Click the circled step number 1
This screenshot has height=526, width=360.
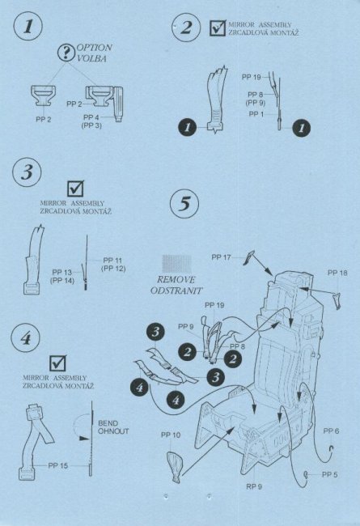pyautogui.click(x=28, y=27)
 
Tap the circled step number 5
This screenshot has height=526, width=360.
pyautogui.click(x=184, y=204)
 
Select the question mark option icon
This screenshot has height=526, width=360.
pyautogui.click(x=66, y=53)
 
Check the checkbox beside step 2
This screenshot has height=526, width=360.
pyautogui.click(x=218, y=28)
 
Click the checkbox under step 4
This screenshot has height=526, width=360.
pyautogui.click(x=57, y=363)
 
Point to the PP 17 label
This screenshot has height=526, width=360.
pyautogui.click(x=221, y=257)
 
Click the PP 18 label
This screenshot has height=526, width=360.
pyautogui.click(x=337, y=273)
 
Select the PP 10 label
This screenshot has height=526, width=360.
pyautogui.click(x=171, y=435)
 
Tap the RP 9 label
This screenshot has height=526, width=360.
pyautogui.click(x=254, y=486)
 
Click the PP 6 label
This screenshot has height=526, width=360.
pyautogui.click(x=331, y=431)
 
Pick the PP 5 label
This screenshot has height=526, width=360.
pyautogui.click(x=329, y=475)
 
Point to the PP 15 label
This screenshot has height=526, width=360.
pyautogui.click(x=57, y=465)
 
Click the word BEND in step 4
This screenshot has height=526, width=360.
pyautogui.click(x=108, y=423)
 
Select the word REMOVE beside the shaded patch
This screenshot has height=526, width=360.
pyautogui.click(x=176, y=280)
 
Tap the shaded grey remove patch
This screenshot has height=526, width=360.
pyautogui.click(x=177, y=264)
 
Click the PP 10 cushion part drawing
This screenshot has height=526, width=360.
pyautogui.click(x=175, y=466)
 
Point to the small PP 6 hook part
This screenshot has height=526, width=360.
pyautogui.click(x=332, y=448)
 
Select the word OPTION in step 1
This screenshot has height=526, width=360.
pyautogui.click(x=95, y=48)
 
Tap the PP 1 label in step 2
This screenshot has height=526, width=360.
pyautogui.click(x=256, y=114)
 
